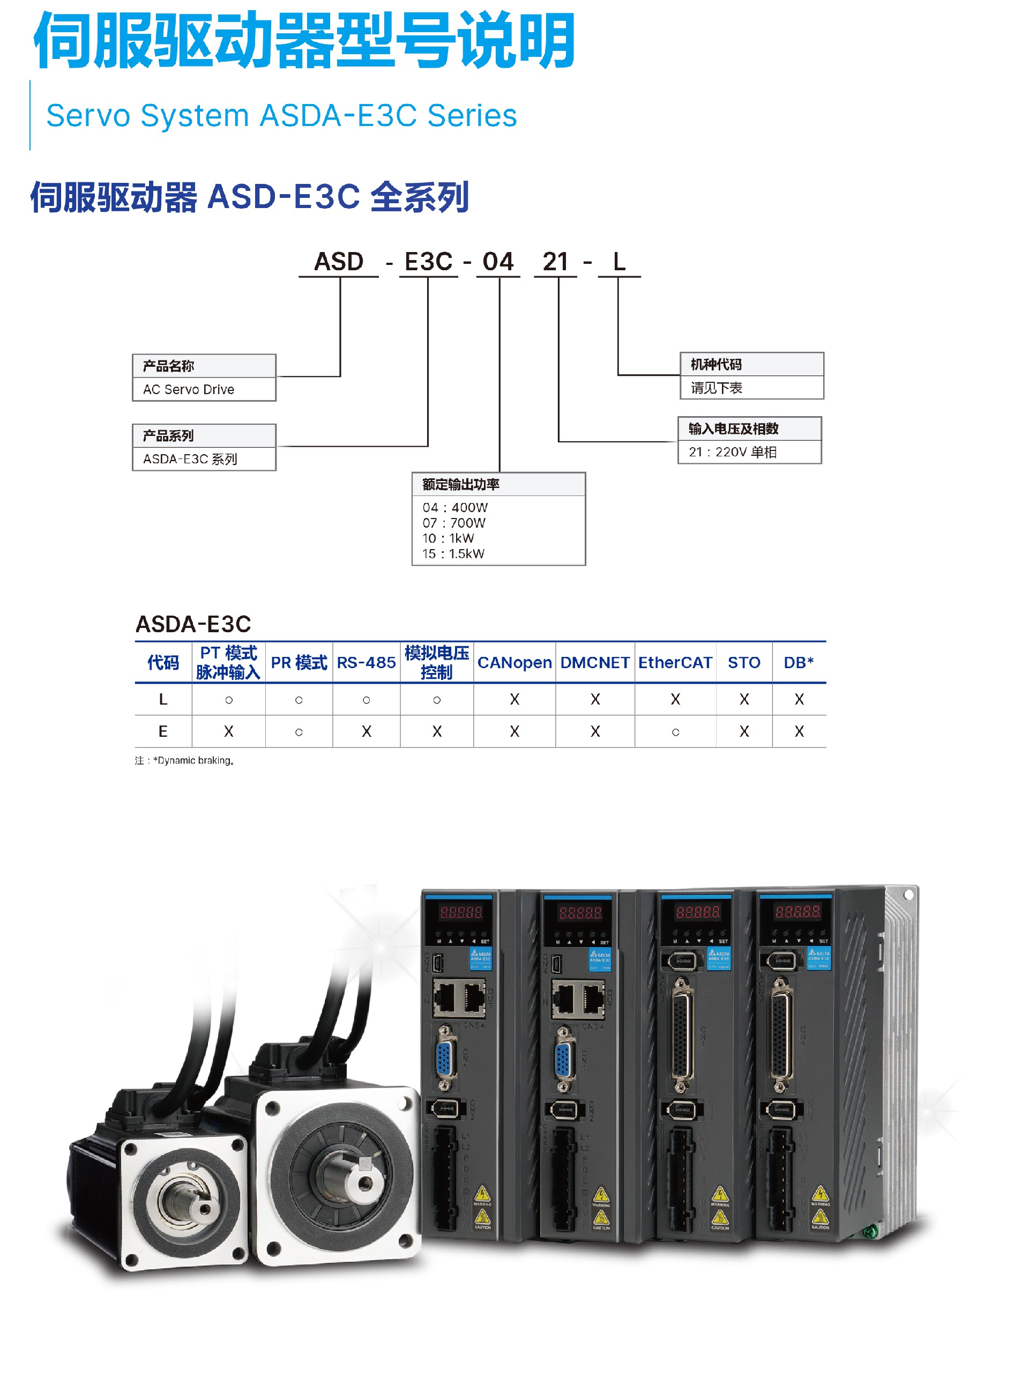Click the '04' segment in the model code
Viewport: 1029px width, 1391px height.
click(498, 262)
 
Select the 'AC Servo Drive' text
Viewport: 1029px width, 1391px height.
click(189, 389)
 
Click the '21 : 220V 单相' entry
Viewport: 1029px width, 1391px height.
click(733, 452)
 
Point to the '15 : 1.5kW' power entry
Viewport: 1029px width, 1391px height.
click(453, 553)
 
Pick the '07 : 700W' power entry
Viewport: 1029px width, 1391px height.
click(453, 523)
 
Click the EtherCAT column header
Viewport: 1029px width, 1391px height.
click(675, 662)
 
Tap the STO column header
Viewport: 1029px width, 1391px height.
click(744, 662)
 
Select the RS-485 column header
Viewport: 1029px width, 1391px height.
click(366, 662)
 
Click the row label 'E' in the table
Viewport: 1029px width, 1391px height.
click(163, 731)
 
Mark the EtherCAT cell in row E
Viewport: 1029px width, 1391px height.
click(675, 731)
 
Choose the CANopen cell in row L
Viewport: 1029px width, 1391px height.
click(514, 699)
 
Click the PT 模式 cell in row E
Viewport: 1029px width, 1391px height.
click(229, 731)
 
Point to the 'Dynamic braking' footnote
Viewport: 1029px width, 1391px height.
click(193, 760)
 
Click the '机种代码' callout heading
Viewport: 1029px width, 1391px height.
click(717, 365)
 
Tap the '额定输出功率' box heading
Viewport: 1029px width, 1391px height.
click(461, 484)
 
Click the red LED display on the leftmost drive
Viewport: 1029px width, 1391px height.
click(461, 912)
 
